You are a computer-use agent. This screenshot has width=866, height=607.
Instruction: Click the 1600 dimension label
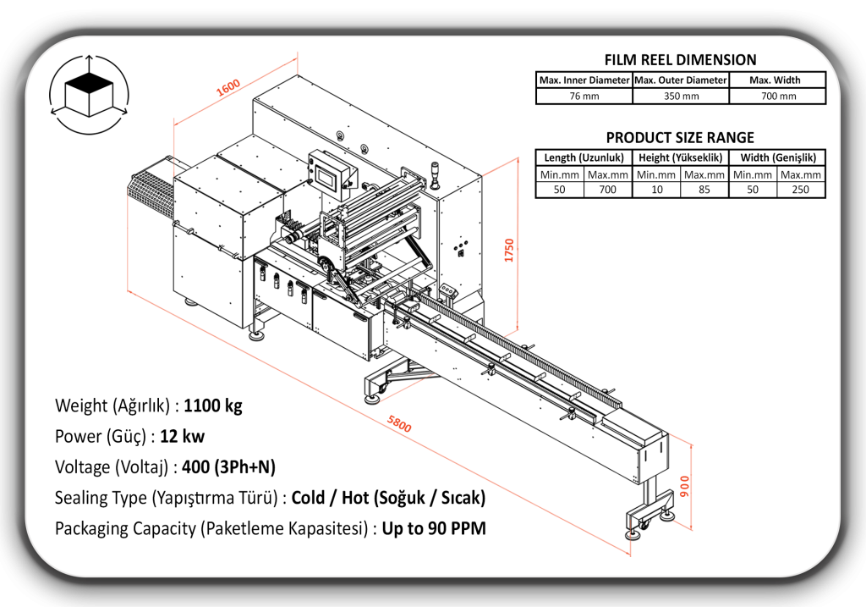click(x=228, y=88)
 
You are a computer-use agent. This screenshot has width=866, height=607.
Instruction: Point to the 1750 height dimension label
click(x=509, y=250)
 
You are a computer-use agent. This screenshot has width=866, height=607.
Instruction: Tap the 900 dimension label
click(x=685, y=486)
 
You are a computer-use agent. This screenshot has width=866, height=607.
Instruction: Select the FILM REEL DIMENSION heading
click(x=680, y=60)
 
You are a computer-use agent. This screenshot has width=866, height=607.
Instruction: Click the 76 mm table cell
click(x=584, y=96)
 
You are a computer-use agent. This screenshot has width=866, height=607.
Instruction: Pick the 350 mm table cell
click(x=680, y=96)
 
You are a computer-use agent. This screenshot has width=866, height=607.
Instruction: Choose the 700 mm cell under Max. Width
click(x=777, y=96)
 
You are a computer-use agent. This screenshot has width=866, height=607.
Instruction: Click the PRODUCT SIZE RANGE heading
click(x=680, y=138)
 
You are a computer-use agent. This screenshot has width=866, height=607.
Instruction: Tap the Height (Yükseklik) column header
click(x=680, y=157)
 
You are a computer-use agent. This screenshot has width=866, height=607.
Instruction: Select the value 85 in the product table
click(x=704, y=190)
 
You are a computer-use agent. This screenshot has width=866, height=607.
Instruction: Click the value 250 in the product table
click(x=801, y=190)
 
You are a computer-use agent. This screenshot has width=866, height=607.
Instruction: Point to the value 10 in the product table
click(x=656, y=190)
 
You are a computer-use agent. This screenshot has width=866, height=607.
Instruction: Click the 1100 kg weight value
click(x=213, y=406)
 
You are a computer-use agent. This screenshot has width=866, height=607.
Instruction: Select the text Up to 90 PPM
click(x=434, y=529)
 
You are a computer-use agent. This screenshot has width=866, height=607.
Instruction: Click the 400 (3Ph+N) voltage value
click(x=225, y=467)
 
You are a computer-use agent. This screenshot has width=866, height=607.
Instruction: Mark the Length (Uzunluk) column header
click(x=584, y=157)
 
